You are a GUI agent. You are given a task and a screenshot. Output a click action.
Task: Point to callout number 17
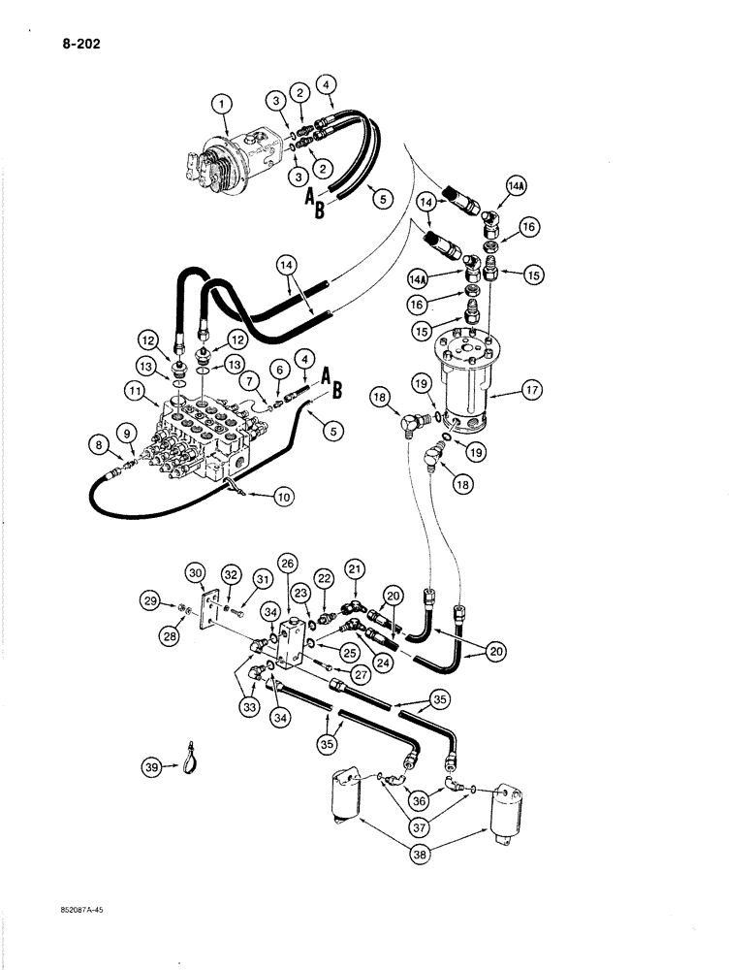[529, 392]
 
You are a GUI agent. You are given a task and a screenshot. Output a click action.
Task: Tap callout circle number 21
[355, 566]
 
